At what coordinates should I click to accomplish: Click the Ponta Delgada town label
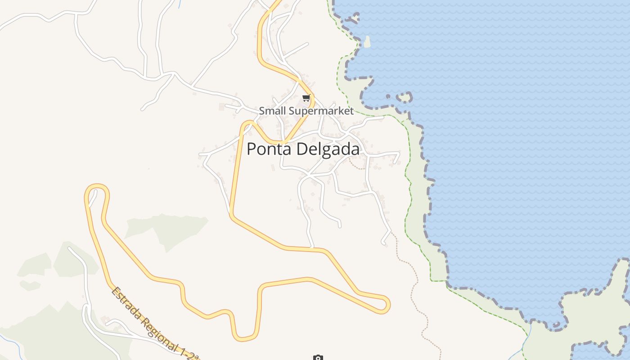303,149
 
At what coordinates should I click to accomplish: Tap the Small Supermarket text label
306,111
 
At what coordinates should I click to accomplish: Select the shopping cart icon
306,98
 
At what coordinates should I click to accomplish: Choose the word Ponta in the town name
268,149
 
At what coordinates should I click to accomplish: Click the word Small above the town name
272,111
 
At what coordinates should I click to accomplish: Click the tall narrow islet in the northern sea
367,42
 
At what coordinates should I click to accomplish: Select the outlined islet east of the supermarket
404,97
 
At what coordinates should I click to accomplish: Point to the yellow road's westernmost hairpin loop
97,188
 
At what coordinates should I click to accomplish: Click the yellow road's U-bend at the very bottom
244,337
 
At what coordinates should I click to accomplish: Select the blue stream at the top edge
179,4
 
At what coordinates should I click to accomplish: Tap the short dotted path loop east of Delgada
357,166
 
